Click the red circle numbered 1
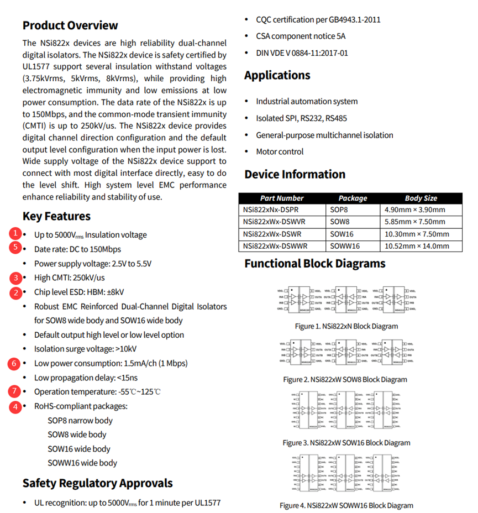[17, 233]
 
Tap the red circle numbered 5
[17, 247]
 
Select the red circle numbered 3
[17, 278]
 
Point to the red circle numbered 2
[17, 292]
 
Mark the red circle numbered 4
[17, 406]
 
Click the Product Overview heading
[70, 25]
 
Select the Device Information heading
[295, 174]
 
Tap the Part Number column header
[282, 198]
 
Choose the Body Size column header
[421, 198]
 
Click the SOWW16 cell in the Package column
[345, 246]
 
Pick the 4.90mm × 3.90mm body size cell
[414, 210]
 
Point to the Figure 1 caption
[346, 326]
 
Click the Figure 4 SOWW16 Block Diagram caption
[346, 505]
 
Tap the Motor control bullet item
[280, 151]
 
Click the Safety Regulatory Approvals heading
[97, 483]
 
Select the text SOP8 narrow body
[80, 421]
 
